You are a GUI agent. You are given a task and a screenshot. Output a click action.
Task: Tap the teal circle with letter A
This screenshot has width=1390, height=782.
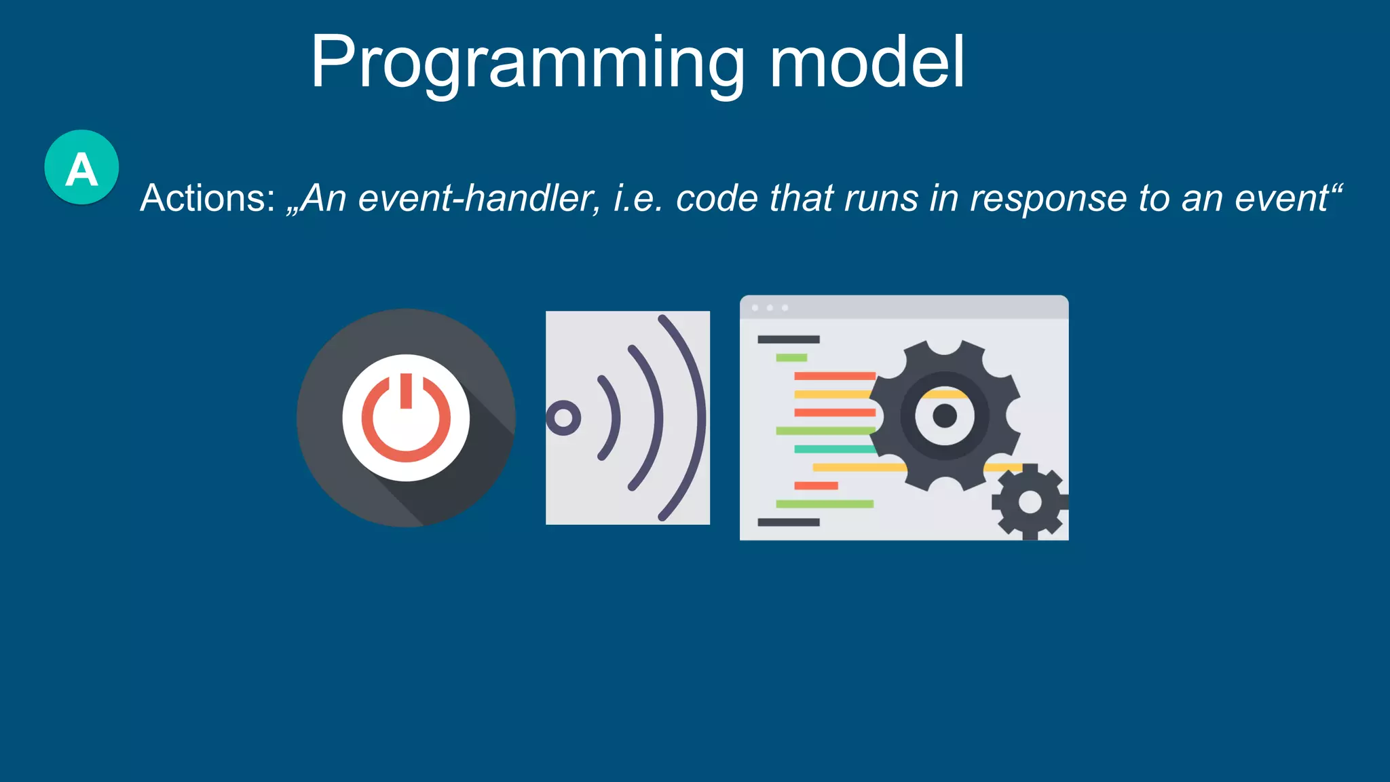(81, 167)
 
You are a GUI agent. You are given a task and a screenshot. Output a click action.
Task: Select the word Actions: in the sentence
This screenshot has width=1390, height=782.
(208, 198)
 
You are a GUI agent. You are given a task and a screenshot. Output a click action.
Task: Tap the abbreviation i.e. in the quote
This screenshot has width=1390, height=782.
(637, 198)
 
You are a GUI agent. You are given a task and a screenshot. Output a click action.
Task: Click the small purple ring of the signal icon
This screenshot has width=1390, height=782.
(563, 418)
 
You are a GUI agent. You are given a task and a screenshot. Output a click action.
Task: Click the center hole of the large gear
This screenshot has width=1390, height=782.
(945, 415)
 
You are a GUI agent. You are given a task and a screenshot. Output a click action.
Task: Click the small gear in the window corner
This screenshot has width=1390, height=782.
(1030, 502)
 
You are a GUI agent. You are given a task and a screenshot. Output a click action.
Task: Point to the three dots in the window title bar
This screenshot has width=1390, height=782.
(770, 308)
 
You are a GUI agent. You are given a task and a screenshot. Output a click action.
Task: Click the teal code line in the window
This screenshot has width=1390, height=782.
(833, 449)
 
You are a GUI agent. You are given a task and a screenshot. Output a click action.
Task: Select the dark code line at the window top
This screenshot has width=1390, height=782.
(788, 339)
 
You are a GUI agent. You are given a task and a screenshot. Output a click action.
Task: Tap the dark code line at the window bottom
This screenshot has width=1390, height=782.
(788, 522)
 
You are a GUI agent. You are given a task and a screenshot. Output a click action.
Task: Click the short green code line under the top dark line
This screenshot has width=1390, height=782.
(791, 358)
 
